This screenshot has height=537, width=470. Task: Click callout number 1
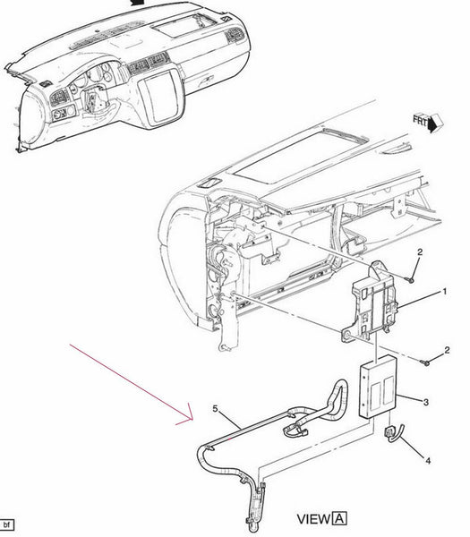pyautogui.click(x=445, y=292)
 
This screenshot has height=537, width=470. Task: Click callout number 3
pyautogui.click(x=426, y=402)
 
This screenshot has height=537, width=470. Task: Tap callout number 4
pyautogui.click(x=428, y=461)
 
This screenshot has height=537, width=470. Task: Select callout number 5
pyautogui.click(x=215, y=409)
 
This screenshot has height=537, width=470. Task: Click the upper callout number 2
pyautogui.click(x=420, y=252)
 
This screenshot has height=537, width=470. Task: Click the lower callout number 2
pyautogui.click(x=447, y=350)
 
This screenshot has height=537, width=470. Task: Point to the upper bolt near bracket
pyautogui.click(x=411, y=280)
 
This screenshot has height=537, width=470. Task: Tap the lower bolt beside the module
pyautogui.click(x=425, y=362)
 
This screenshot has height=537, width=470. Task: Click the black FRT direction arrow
pyautogui.click(x=435, y=124)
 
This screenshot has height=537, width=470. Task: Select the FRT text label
pyautogui.click(x=421, y=121)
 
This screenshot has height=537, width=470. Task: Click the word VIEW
pyautogui.click(x=313, y=519)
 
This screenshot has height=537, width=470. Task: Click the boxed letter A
pyautogui.click(x=339, y=518)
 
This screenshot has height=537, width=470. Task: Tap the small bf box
pyautogui.click(x=6, y=524)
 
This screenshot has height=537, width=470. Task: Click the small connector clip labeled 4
pyautogui.click(x=394, y=433)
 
